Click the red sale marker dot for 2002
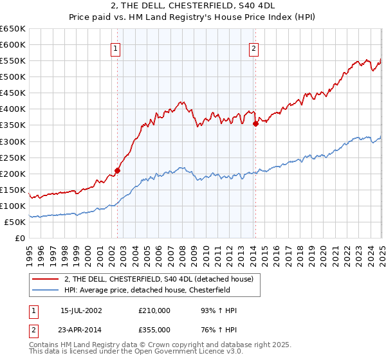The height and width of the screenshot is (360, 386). click(x=117, y=170)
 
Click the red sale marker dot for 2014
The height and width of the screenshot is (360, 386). click(x=255, y=123)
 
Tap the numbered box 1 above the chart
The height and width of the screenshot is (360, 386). click(x=115, y=48)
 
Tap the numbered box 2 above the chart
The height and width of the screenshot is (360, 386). click(x=254, y=48)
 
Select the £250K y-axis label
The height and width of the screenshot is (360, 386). click(x=13, y=157)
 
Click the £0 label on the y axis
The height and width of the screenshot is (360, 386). click(x=20, y=238)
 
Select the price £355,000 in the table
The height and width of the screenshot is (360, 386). click(x=154, y=329)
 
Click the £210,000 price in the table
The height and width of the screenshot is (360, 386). click(x=154, y=310)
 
